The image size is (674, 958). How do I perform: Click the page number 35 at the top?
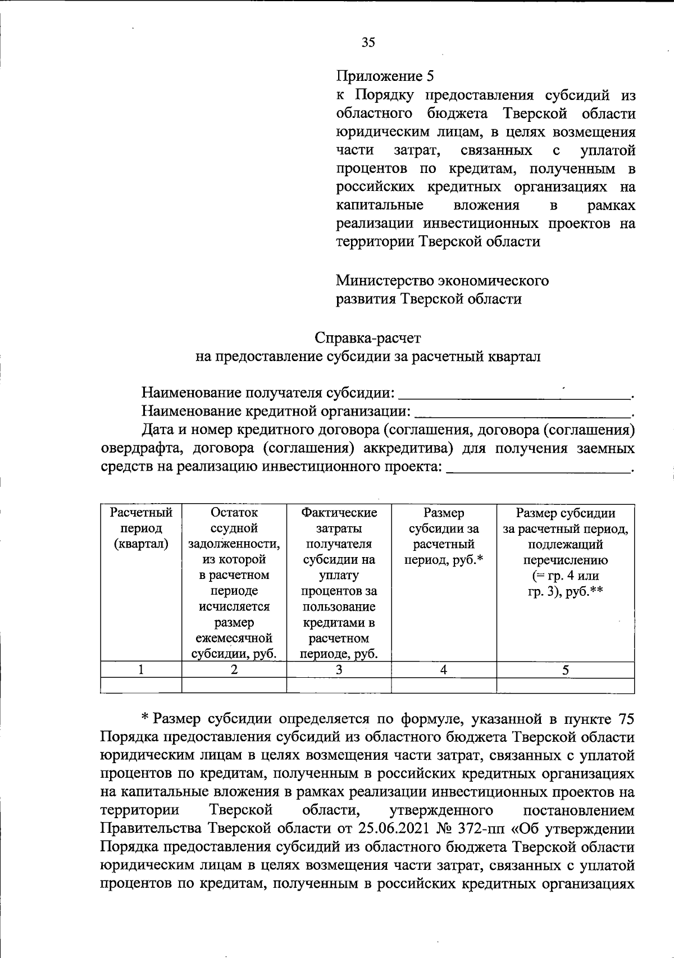(368, 43)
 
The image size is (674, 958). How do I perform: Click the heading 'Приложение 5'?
(385, 76)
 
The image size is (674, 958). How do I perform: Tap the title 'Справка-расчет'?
(367, 338)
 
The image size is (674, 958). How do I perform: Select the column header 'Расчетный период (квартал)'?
(141, 528)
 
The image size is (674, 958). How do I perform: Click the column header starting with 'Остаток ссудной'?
(234, 583)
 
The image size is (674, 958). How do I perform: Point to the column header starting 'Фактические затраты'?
(339, 583)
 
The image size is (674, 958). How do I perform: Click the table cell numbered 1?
(141, 669)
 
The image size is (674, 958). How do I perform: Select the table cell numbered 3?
(339, 669)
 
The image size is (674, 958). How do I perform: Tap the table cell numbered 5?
(566, 669)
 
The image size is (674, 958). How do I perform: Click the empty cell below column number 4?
(444, 685)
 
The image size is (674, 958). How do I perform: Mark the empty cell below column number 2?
(234, 685)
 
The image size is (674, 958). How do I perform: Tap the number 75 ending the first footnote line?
(626, 719)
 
